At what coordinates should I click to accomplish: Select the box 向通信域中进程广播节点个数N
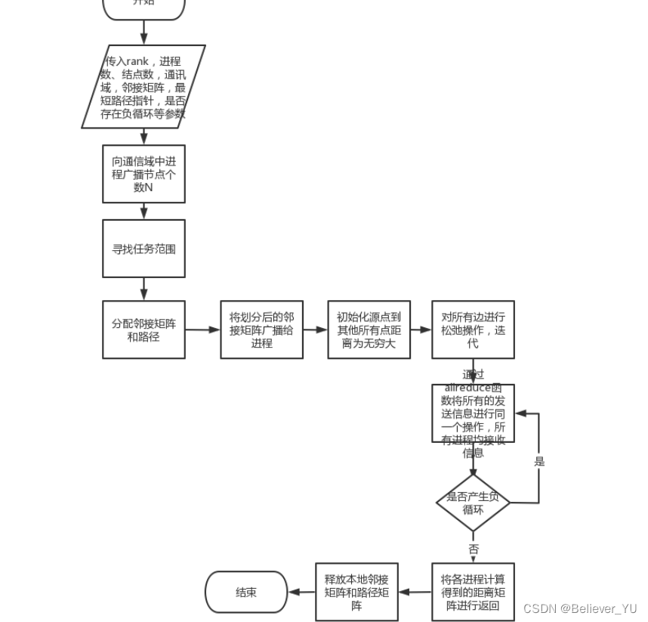[x=143, y=174]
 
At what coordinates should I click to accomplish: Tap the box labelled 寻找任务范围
[x=143, y=249]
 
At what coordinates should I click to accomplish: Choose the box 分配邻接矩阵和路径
[x=143, y=330]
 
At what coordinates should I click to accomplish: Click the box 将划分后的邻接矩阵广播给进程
[x=261, y=330]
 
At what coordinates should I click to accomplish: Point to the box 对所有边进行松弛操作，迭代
[x=473, y=330]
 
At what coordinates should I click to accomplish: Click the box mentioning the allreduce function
[x=473, y=413]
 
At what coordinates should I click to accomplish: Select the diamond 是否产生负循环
[x=473, y=503]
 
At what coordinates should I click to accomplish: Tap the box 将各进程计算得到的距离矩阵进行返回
[x=473, y=592]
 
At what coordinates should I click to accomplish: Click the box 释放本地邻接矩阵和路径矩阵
[x=356, y=592]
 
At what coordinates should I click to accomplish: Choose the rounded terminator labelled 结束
[x=246, y=592]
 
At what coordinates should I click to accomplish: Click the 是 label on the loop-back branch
[x=539, y=461]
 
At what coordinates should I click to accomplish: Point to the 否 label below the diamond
[x=474, y=549]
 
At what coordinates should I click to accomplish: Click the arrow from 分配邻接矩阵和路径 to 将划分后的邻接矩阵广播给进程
[x=202, y=330]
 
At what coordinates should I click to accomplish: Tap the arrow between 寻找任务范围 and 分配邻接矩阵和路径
[x=143, y=289]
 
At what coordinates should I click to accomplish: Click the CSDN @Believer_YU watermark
[x=579, y=608]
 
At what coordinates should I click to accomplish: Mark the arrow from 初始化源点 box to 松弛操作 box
[x=420, y=330]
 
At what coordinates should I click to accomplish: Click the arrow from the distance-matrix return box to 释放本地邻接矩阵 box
[x=415, y=592]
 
